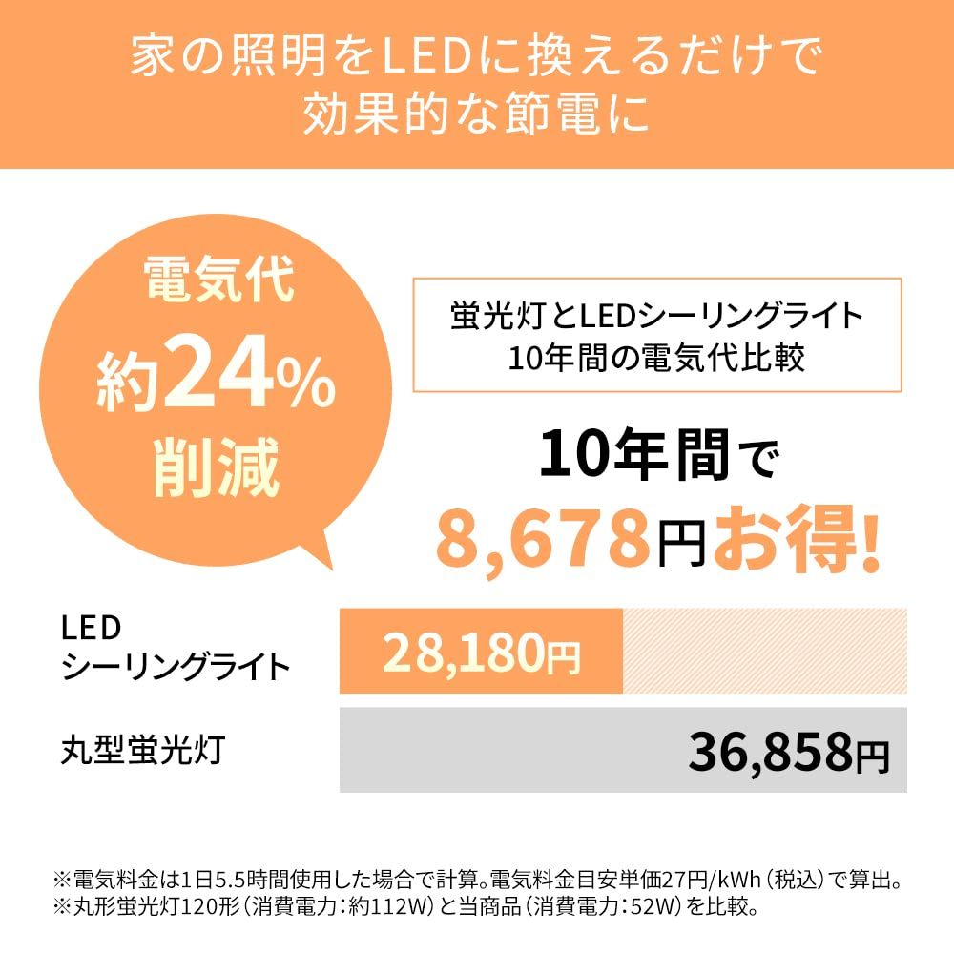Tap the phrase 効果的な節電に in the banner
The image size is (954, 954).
[477, 116]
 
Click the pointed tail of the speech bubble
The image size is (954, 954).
[322, 563]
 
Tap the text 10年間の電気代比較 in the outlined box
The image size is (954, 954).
[656, 358]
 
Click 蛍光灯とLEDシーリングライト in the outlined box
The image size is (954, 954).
[656, 314]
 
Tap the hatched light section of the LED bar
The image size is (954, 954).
[763, 651]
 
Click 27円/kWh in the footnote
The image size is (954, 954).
[692, 879]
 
